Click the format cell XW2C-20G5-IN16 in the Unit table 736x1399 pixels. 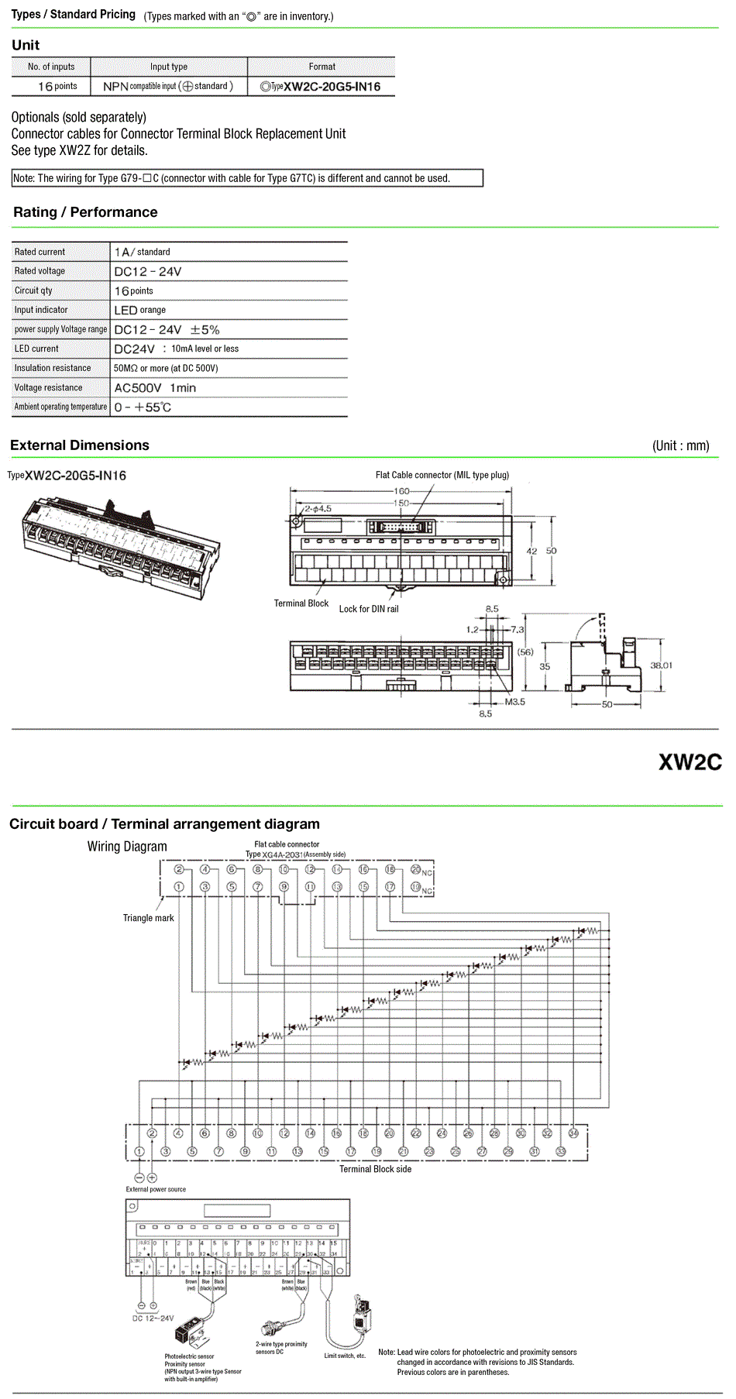(x=321, y=87)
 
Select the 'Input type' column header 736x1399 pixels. (x=168, y=67)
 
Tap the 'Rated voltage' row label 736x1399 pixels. (x=40, y=271)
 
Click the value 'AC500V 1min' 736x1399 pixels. (x=155, y=388)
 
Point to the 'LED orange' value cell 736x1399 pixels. (x=139, y=310)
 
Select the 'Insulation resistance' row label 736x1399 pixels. (x=52, y=368)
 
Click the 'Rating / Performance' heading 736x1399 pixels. (x=85, y=212)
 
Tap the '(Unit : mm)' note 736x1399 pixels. (x=680, y=445)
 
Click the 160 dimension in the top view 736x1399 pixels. (x=401, y=491)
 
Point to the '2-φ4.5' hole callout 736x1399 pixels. (x=318, y=509)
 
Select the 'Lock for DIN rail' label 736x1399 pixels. (x=369, y=609)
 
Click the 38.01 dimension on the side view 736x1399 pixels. (x=661, y=665)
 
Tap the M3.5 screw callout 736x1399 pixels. (x=515, y=702)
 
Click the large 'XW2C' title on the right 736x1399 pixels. (x=690, y=762)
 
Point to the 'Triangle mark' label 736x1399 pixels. (x=148, y=918)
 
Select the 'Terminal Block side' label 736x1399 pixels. (x=375, y=1169)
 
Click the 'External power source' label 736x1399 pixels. (x=156, y=1189)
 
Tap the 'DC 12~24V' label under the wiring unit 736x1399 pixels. (x=153, y=1318)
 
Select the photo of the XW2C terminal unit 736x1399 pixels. (x=120, y=546)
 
